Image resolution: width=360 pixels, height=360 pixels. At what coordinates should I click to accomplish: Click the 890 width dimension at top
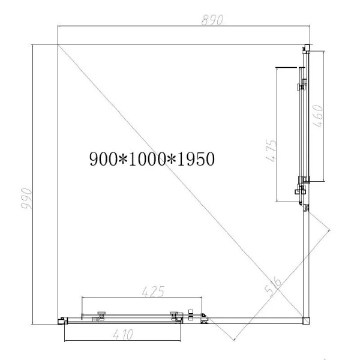coord(212,19)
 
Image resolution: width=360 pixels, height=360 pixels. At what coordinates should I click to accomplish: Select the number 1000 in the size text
coord(145,159)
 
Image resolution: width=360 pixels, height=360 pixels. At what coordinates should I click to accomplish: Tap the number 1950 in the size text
coord(193,159)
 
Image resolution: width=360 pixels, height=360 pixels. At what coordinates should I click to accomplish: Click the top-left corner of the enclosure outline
coord(58,44)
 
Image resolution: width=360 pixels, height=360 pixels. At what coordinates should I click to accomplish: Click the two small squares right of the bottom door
coord(191,314)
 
